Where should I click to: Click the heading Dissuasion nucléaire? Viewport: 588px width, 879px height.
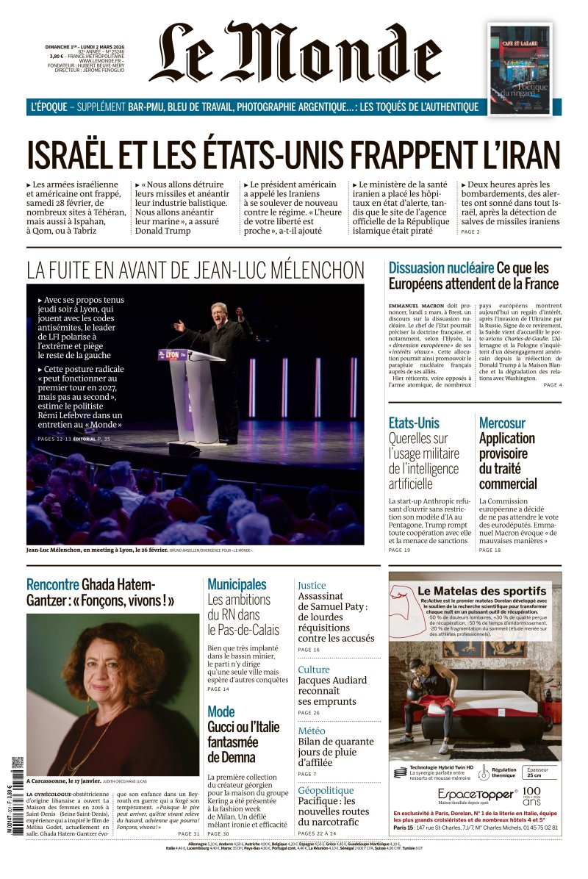click(441, 268)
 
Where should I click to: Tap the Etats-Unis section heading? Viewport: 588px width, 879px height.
click(414, 423)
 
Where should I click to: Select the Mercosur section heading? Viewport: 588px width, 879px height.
click(502, 423)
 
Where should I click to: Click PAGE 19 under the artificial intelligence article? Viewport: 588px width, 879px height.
click(399, 550)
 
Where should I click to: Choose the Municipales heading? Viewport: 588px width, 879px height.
click(237, 584)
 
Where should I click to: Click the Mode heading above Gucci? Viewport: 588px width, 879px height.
click(220, 711)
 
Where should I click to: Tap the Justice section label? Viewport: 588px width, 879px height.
click(312, 585)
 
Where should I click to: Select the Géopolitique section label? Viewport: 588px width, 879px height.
click(326, 790)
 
